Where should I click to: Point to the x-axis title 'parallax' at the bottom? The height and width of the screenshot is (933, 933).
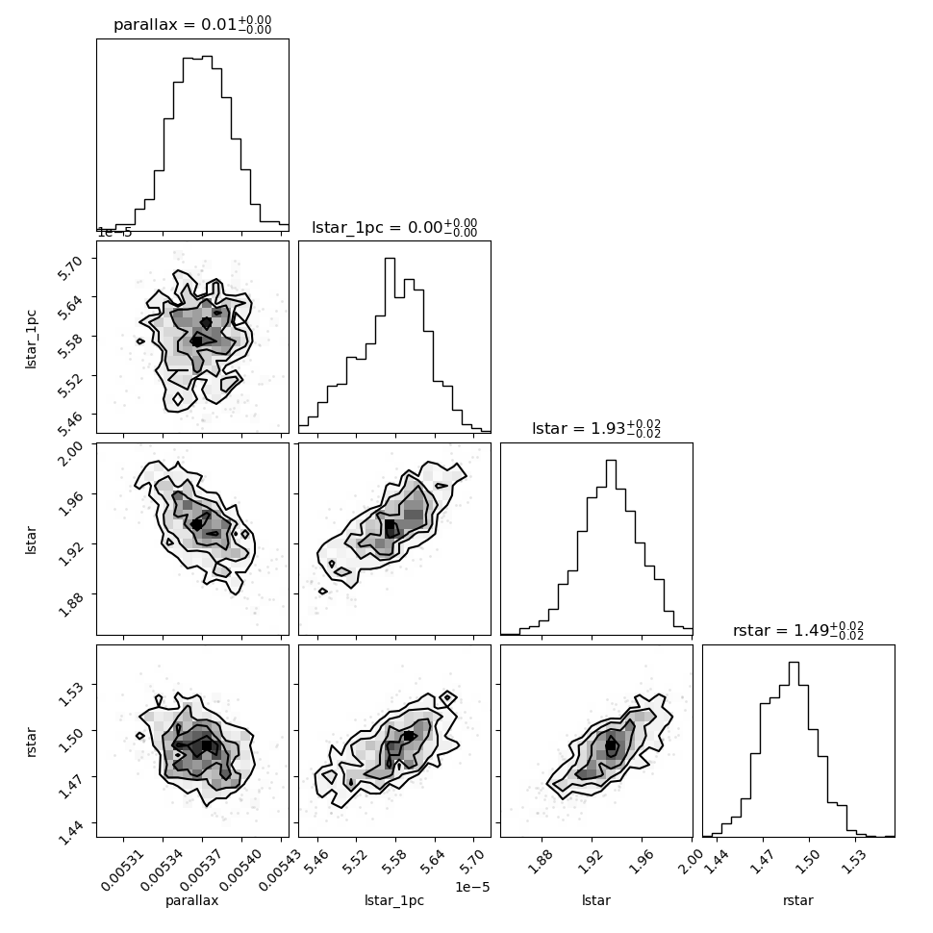191,901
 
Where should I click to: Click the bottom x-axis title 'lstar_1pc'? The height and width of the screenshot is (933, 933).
394,901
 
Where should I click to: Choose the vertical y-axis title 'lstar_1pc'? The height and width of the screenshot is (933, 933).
31,340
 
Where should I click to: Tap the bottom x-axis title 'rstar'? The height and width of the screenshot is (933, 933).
798,900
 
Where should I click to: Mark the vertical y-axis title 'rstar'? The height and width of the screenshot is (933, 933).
31,742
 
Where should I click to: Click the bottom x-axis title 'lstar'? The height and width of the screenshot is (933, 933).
596,900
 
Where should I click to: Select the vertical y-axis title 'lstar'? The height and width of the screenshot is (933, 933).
31,541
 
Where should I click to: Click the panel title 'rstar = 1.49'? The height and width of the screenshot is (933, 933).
798,631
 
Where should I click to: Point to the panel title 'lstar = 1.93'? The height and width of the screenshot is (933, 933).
596,428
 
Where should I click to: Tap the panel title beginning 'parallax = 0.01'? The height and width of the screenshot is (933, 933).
192,25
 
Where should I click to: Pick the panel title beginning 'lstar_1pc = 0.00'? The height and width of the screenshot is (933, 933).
394,227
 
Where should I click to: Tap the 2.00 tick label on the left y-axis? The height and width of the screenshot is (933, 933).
72,453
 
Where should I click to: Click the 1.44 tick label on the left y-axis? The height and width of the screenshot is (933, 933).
70,832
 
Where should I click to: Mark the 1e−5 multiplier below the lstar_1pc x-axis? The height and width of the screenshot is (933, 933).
472,887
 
